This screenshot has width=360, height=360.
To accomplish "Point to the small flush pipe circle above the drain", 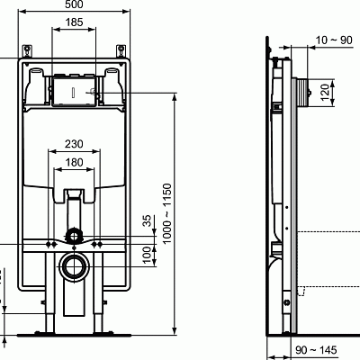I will [72, 238].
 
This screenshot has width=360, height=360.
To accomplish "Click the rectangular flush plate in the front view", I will [72, 92].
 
